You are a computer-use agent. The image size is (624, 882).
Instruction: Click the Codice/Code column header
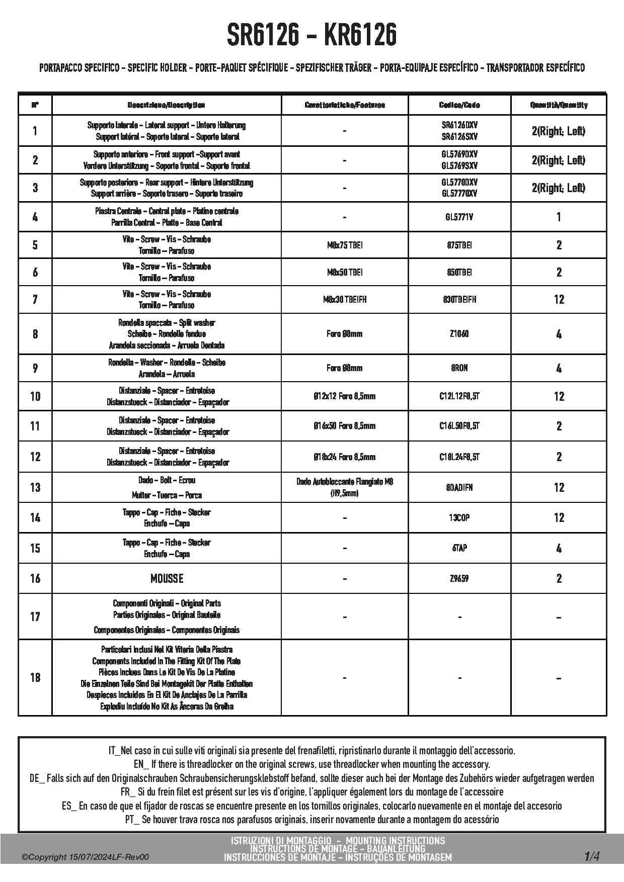459,105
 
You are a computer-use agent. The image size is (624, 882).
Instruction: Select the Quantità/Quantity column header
559,105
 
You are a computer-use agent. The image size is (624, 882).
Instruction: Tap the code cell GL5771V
459,217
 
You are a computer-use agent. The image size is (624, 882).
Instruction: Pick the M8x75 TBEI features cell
345,245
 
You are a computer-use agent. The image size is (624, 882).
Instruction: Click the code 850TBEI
459,273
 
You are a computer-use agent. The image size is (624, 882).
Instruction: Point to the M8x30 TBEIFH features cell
345,300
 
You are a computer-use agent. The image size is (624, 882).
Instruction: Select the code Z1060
459,334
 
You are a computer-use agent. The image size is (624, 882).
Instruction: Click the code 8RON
459,368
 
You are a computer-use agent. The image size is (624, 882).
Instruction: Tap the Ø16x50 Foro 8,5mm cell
345,426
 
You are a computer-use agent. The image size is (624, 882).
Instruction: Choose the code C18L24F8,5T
459,457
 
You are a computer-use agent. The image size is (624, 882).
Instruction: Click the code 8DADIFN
459,488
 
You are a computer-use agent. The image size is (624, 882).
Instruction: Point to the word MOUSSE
167,579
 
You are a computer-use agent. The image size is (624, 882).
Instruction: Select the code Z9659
459,579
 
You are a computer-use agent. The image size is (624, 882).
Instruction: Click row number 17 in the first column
35,616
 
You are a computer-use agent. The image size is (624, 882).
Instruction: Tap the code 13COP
459,517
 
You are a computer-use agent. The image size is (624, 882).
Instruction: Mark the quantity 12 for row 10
559,397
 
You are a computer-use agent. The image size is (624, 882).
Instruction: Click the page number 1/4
592,856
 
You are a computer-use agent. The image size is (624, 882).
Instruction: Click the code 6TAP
459,548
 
